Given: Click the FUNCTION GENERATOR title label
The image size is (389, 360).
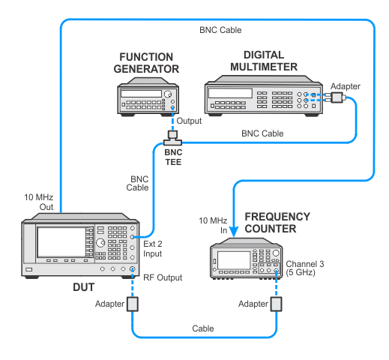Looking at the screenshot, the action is tap(146, 63).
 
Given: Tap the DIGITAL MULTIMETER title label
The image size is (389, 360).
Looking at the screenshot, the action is tap(264, 61).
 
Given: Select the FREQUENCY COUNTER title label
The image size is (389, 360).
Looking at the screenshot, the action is tap(277, 223).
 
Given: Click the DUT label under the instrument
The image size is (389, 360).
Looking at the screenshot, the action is tap(84, 287).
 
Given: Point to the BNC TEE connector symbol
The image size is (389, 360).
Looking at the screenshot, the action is tap(172, 138).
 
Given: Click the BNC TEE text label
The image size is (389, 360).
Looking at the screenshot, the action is tap(173, 157).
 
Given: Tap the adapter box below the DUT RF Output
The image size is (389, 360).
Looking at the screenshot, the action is tap(133, 304).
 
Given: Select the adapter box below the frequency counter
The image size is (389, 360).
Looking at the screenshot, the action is tap(277, 304).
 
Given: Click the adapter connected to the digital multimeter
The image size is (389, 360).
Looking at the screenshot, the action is tap(337, 97).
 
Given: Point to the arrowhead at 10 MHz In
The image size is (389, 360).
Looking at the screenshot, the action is tap(234, 232).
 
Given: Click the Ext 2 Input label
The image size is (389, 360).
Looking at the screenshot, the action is tap(153, 249).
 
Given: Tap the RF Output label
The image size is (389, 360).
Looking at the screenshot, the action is tap(163, 277).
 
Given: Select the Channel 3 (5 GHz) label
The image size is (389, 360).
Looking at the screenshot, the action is tap(305, 268).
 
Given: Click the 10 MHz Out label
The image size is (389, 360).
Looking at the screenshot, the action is tap(39, 202).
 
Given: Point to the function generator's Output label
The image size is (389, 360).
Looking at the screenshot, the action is tap(189, 121).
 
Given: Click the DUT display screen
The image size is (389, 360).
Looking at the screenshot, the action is tap(61, 242).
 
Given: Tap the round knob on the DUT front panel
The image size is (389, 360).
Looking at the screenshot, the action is tap(100, 242).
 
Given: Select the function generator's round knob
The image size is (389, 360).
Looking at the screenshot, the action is tap(168, 94).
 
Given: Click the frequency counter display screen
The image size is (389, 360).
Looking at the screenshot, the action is tap(234, 260).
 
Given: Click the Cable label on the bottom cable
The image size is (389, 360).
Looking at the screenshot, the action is tap(203, 328).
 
